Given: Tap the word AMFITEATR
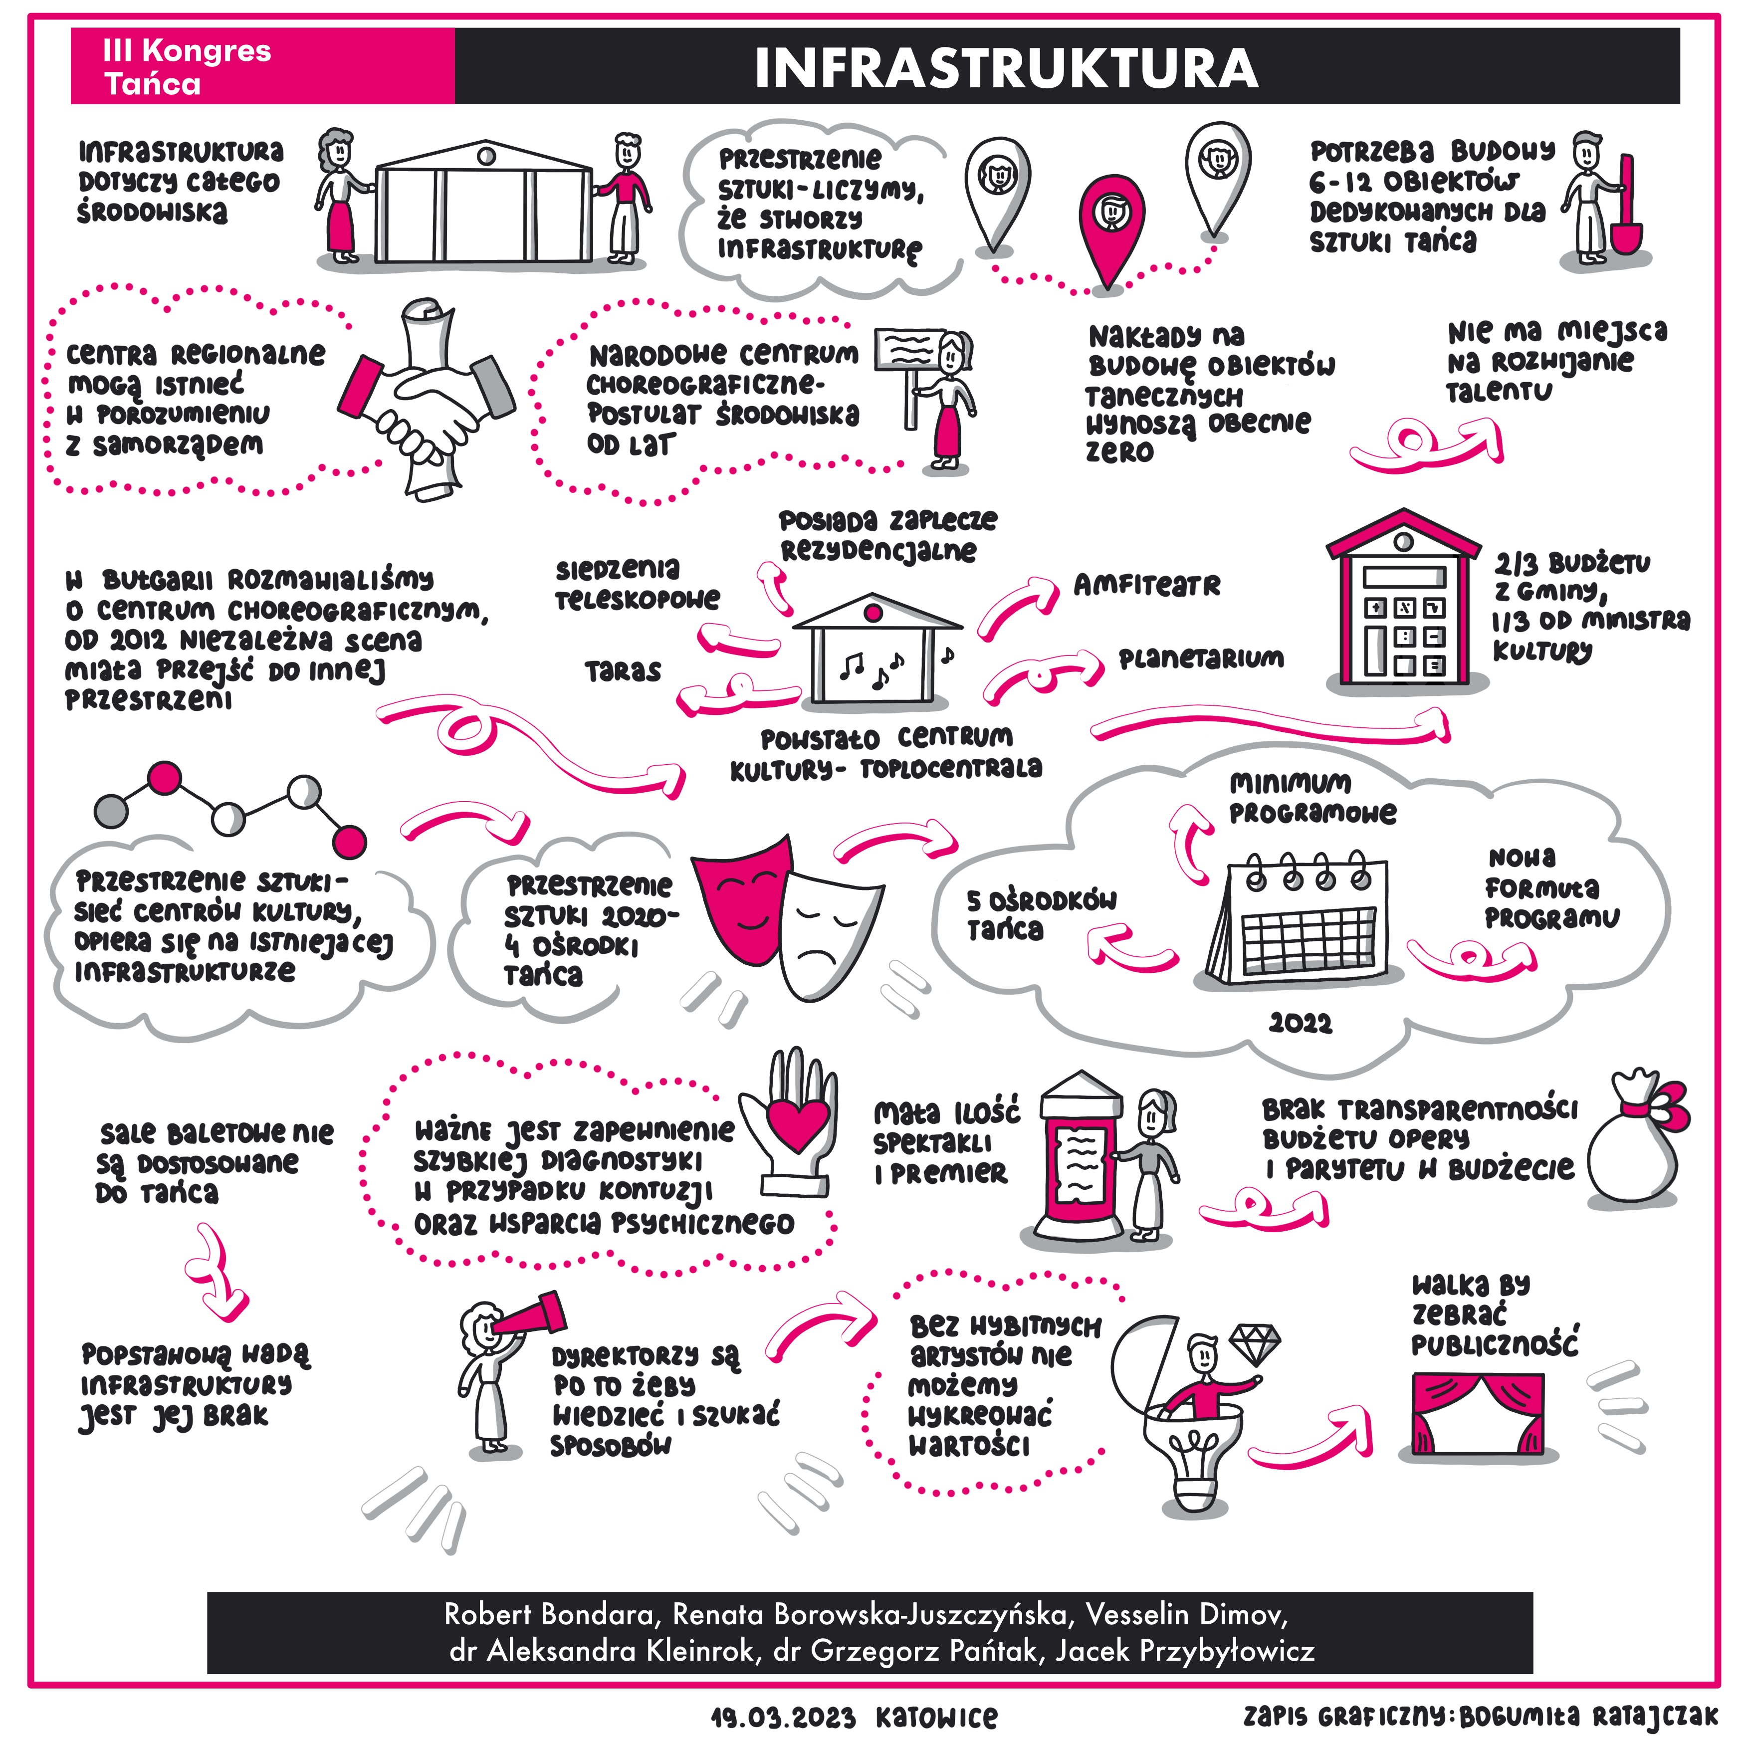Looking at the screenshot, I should click(x=1147, y=586).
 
